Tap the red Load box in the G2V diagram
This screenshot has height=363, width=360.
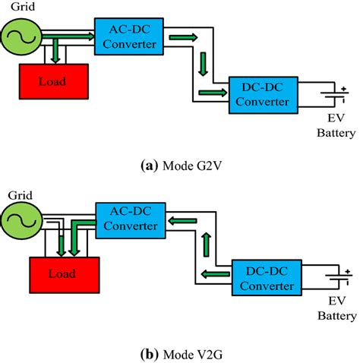pyautogui.click(x=52, y=79)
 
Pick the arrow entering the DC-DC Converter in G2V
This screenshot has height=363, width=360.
pyautogui.click(x=212, y=93)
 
